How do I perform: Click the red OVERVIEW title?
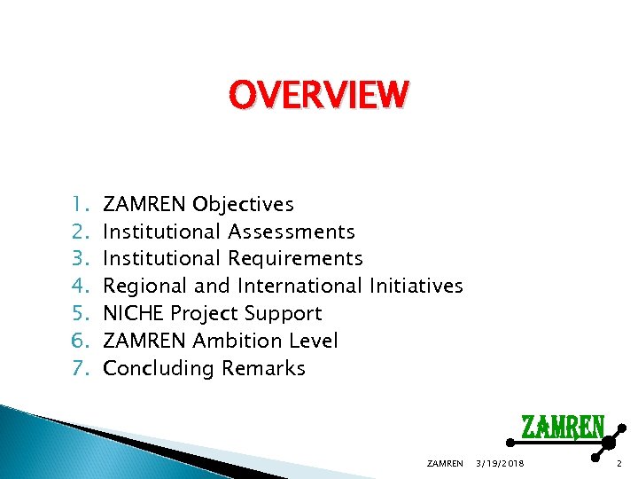coord(319,95)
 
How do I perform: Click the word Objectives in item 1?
coord(243,205)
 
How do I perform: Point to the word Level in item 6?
coord(315,342)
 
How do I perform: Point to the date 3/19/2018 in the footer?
coord(500,463)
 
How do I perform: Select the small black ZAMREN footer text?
coord(445,463)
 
